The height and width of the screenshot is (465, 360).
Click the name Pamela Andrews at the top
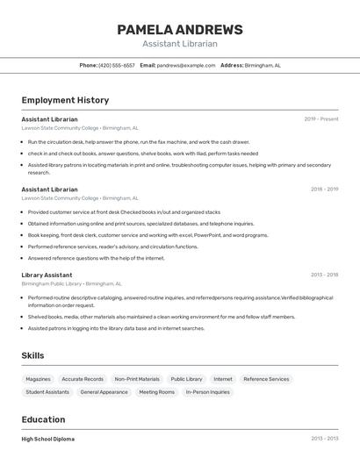[179, 29]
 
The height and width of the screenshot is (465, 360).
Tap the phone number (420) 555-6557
[117, 65]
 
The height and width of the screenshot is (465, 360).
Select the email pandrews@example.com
[186, 65]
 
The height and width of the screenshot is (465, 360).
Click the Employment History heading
[65, 100]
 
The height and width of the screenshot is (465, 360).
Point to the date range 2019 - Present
[321, 118]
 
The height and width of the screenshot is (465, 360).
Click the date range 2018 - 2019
[324, 189]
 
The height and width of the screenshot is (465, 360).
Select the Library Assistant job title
[47, 275]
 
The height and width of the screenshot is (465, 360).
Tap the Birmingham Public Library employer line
[71, 283]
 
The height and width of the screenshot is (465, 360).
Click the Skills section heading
[32, 355]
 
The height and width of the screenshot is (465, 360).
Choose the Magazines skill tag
[39, 379]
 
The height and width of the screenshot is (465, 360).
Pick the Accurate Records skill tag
[83, 379]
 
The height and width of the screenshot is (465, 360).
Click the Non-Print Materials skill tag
[137, 379]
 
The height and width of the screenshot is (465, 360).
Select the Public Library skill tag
[186, 379]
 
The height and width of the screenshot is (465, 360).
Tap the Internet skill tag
[223, 379]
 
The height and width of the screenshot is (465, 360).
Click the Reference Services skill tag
[266, 379]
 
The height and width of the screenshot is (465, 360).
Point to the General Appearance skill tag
[104, 392]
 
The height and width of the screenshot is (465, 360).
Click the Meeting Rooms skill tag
[156, 392]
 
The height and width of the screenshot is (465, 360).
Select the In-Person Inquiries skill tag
[208, 392]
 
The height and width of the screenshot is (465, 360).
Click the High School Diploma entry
[48, 439]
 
